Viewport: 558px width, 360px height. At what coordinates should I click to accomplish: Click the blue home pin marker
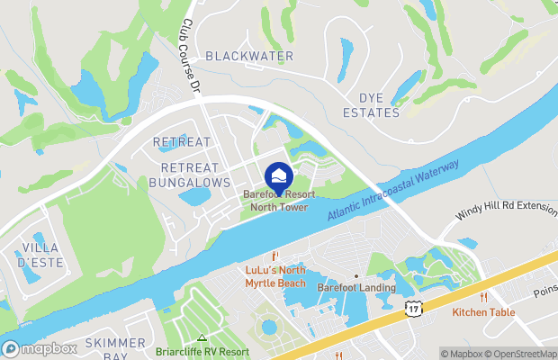coord(279,174)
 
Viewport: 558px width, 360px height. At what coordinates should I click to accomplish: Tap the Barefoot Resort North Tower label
coord(278,200)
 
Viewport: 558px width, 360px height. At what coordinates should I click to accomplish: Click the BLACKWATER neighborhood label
coord(249,56)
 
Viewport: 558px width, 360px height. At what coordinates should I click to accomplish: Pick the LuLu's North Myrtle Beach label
coord(275,276)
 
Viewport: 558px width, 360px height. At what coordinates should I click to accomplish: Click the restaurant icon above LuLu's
coord(276,256)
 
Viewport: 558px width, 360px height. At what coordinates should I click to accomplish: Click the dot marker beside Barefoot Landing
coord(356,275)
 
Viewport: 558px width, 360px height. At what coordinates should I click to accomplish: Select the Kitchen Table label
coord(483,312)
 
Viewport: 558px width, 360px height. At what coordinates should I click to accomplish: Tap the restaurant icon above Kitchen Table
coord(483,297)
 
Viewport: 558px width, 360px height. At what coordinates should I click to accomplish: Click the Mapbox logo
coord(40,348)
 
